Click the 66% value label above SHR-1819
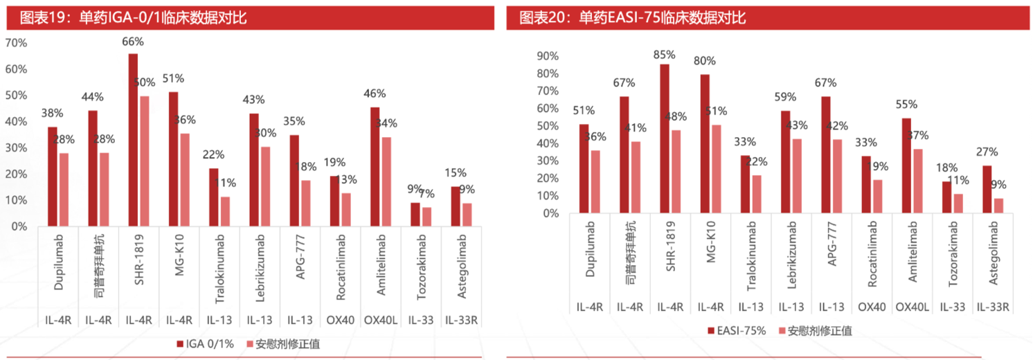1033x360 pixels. click(133, 42)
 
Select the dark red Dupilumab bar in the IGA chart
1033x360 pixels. click(53, 176)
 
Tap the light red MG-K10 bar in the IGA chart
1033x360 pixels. click(184, 179)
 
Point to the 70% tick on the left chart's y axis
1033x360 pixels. click(16, 43)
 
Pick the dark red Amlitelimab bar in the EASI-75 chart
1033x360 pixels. click(907, 165)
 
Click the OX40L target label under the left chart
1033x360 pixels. click(379, 320)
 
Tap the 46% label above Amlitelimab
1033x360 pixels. click(375, 93)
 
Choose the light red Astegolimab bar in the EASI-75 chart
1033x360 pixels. click(998, 206)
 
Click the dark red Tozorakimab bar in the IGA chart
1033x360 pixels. click(415, 214)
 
